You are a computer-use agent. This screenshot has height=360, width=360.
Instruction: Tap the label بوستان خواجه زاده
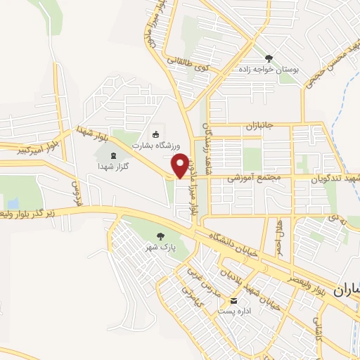click(x=271, y=69)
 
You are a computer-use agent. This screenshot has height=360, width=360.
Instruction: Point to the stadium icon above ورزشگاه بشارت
click(x=155, y=134)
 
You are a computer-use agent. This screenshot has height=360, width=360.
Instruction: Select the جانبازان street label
click(x=257, y=127)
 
